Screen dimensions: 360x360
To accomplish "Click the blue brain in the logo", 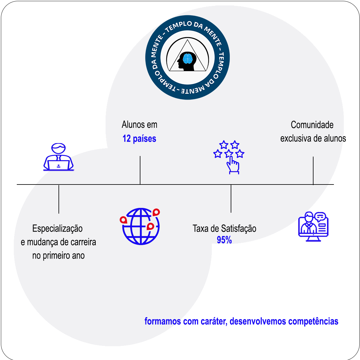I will (188, 58).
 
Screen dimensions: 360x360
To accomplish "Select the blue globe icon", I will (140, 226).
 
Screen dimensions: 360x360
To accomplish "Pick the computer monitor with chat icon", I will (313, 226).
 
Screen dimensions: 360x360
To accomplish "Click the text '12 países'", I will (139, 139).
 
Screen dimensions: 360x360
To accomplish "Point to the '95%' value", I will (224, 240).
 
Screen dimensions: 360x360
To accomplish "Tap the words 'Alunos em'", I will (139, 124).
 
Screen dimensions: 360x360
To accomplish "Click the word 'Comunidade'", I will (312, 125).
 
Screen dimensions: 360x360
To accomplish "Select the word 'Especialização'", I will (57, 229).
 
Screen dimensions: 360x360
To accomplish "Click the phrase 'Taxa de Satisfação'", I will (224, 229).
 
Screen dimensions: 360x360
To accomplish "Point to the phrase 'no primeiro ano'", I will (58, 256).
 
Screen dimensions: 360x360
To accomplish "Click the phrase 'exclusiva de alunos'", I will (313, 138).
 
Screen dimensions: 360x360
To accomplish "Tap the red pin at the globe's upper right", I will (156, 212).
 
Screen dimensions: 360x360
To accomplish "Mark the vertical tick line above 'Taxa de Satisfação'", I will (231, 199).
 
